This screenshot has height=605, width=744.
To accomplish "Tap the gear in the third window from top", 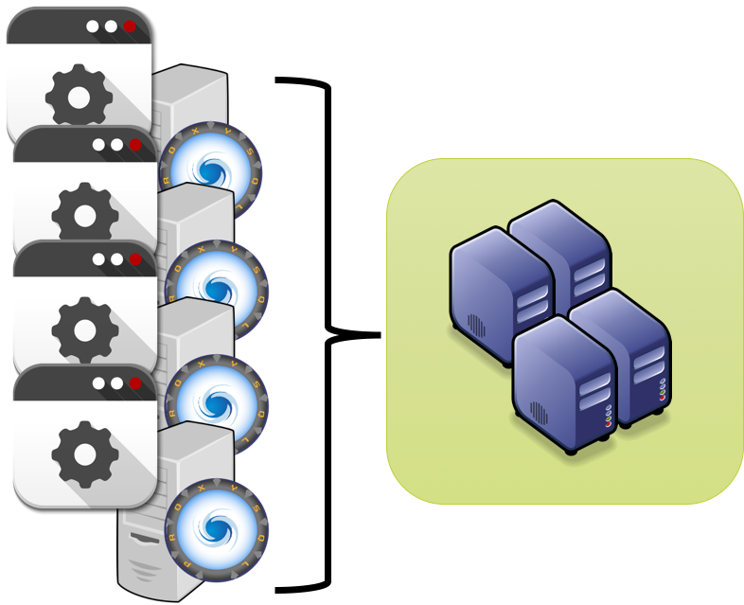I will (x=84, y=329).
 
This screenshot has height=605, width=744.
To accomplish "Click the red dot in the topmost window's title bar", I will (x=130, y=27).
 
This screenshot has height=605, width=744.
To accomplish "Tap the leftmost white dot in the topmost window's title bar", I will (x=93, y=27).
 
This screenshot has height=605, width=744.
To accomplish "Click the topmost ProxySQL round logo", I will (x=209, y=171).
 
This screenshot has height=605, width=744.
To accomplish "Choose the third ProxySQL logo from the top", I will (x=217, y=400).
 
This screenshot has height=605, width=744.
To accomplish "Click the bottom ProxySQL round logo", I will (x=217, y=524).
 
